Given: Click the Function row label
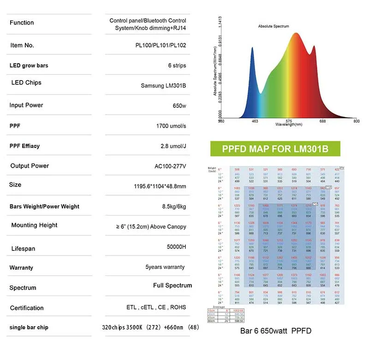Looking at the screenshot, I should (22, 23).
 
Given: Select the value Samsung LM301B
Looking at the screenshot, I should (163, 86).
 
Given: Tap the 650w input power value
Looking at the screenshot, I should (179, 106).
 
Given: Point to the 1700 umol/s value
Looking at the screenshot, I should (171, 126).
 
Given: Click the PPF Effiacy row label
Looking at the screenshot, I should (24, 146).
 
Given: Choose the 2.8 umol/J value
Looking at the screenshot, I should (173, 146).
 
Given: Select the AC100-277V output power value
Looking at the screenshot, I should (170, 166).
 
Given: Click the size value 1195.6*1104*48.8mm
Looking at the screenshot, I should (157, 186).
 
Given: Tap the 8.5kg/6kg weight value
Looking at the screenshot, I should (171, 206).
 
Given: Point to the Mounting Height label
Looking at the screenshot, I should (35, 225).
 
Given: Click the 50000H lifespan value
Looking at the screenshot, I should (176, 247).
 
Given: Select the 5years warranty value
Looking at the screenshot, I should (165, 267).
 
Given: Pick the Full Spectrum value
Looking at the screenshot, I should (173, 285).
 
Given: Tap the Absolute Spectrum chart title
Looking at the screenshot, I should (274, 26).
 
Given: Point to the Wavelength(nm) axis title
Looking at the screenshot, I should (289, 124).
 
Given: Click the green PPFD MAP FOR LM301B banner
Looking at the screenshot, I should (275, 149).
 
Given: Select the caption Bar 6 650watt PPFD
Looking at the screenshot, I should (276, 331).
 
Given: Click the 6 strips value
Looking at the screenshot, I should (177, 65).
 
